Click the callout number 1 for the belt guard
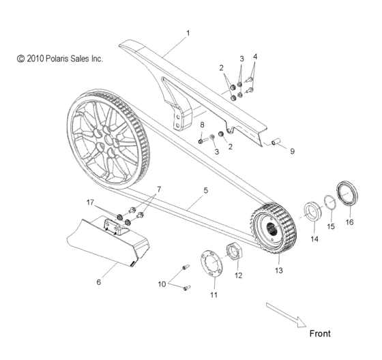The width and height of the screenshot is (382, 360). [189, 32]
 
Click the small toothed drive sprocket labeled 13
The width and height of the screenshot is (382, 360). [272, 229]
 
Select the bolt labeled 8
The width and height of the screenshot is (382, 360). [204, 140]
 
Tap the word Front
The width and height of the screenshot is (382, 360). [320, 333]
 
